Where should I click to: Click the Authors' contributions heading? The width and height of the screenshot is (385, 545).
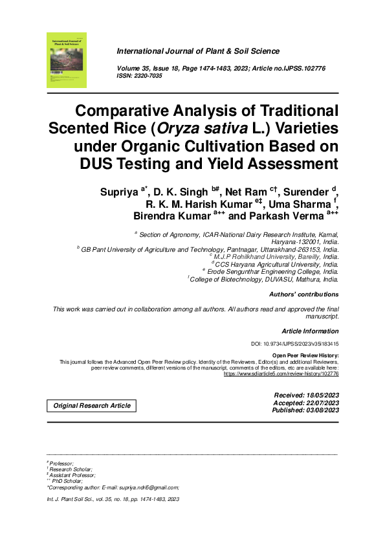pyautogui.click(x=303, y=295)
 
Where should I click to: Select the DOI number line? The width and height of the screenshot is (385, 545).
pyautogui.click(x=294, y=344)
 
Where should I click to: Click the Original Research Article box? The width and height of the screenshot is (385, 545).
pyautogui.click(x=91, y=406)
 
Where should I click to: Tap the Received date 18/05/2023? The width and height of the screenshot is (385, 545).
pyautogui.click(x=306, y=395)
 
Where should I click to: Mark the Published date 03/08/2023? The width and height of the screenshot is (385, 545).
pyautogui.click(x=305, y=410)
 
